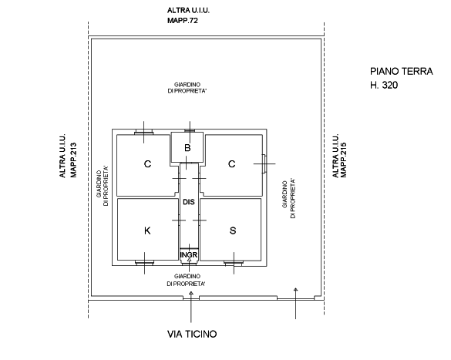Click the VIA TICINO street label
[x=192, y=334]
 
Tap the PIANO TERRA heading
[x=401, y=72]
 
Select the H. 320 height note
[x=384, y=85]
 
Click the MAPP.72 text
[x=183, y=21]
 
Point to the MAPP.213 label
[x=74, y=160]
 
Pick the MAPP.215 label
[x=343, y=160]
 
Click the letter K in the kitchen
[x=147, y=230]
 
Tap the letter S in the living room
[x=233, y=230]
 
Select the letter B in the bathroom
[x=187, y=148]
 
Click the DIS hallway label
[x=189, y=202]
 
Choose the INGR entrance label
[x=189, y=254]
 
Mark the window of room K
[x=144, y=262]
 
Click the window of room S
[x=234, y=262]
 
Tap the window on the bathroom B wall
[x=190, y=131]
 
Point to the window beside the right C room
[x=264, y=163]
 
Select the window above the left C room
[x=144, y=133]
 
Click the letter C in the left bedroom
[x=147, y=164]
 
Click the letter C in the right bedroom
[x=232, y=164]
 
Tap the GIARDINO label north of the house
[x=187, y=85]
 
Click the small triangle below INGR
[x=189, y=260]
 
